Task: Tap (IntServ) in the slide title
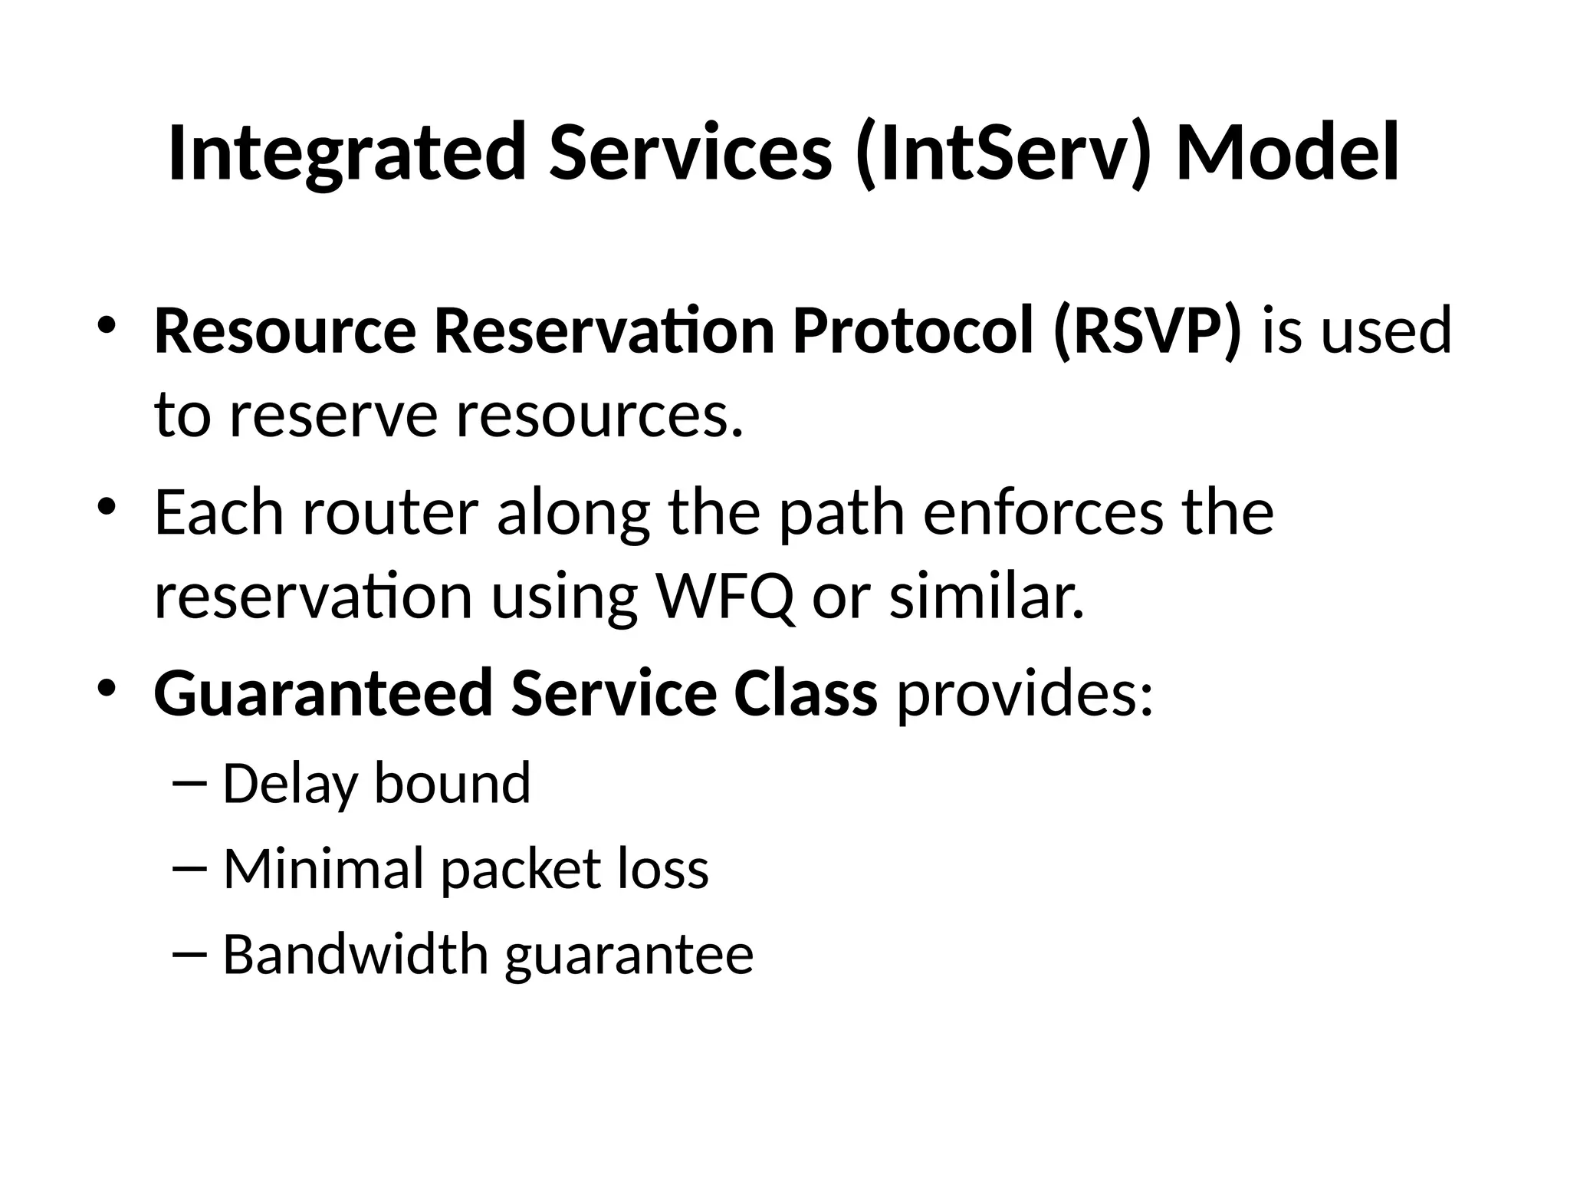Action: pyautogui.click(x=1003, y=153)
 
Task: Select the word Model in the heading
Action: pyautogui.click(x=1288, y=153)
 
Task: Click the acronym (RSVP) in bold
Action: pyautogui.click(x=1147, y=331)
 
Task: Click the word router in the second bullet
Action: pyautogui.click(x=390, y=512)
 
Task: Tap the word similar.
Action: pyautogui.click(x=987, y=597)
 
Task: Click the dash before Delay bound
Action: pyautogui.click(x=190, y=785)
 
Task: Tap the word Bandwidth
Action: pyautogui.click(x=355, y=954)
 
